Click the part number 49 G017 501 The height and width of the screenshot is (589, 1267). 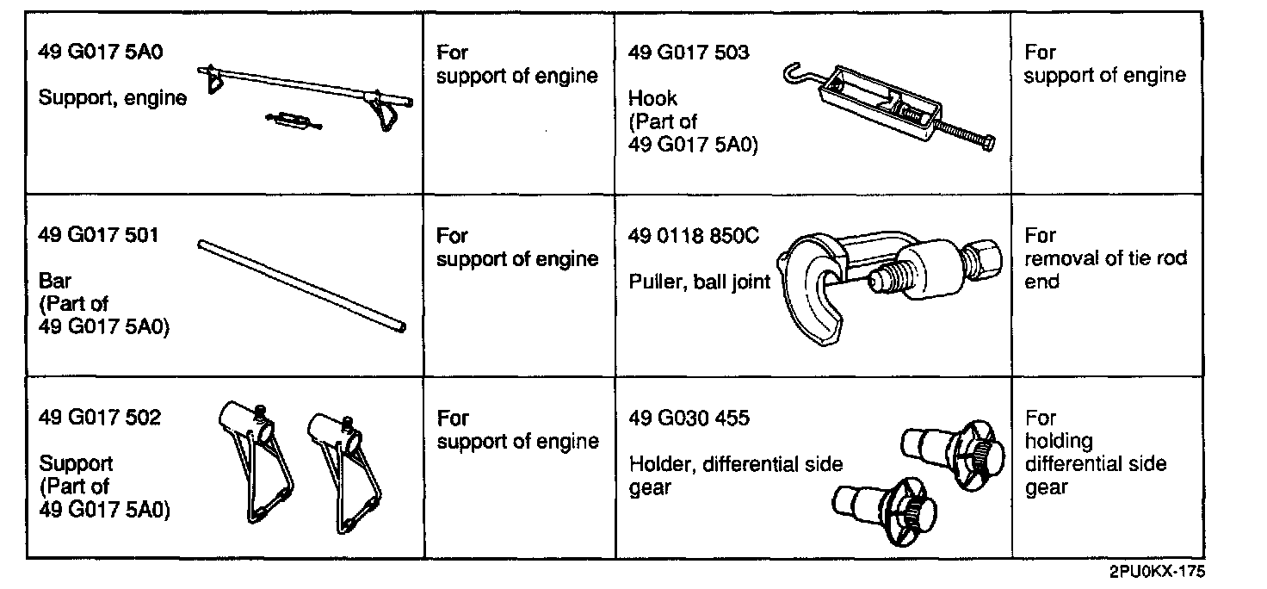99,235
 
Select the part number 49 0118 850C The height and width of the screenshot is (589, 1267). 694,235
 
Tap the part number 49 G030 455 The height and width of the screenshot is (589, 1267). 689,418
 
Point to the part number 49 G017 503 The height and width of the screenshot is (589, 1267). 689,53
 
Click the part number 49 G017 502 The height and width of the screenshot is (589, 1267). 100,418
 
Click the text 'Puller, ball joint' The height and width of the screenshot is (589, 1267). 699,282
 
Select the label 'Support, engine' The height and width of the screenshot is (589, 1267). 113,98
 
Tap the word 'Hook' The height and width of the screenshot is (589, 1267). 652,98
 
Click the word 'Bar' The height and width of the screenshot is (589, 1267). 55,282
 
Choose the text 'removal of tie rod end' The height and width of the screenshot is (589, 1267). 1105,269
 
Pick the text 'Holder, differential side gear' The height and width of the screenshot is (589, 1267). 736,475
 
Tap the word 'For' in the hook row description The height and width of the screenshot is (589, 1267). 1040,53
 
